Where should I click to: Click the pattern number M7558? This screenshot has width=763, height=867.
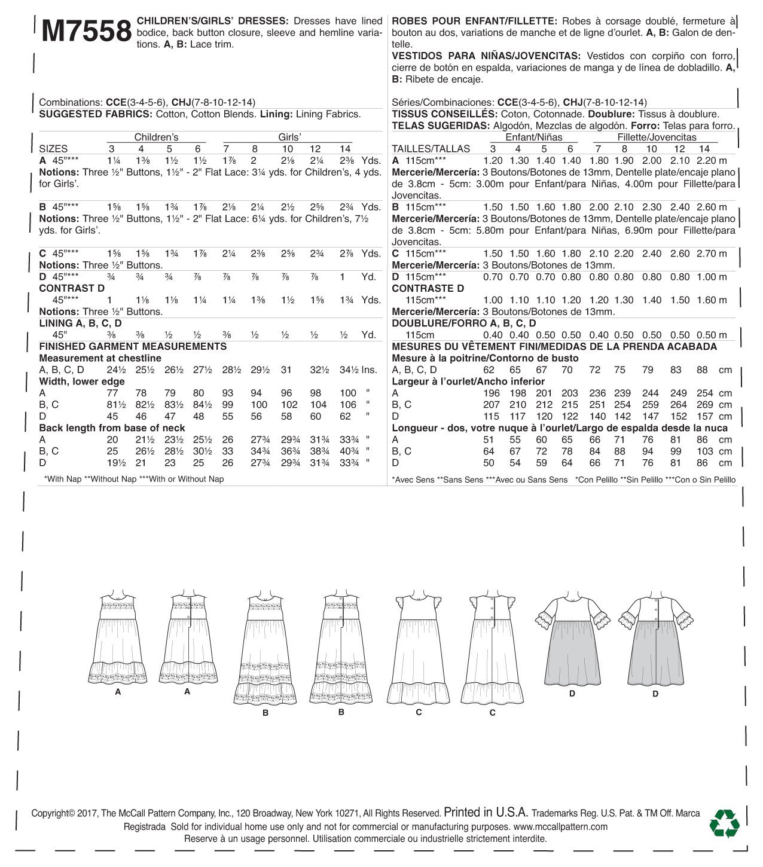87,31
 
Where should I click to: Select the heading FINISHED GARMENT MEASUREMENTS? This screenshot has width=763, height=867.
133,347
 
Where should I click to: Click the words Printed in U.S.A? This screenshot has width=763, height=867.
486,813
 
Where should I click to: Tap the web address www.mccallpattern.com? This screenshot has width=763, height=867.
560,827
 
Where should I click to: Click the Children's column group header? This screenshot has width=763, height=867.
156,137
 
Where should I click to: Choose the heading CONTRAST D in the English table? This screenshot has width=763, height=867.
72,288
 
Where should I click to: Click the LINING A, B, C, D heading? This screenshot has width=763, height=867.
81,323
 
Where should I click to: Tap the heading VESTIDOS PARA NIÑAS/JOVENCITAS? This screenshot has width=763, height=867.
485,56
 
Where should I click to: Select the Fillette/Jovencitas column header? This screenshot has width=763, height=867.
657,137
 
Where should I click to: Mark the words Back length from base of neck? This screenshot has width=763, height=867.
112,428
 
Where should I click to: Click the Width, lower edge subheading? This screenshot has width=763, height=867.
82,381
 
